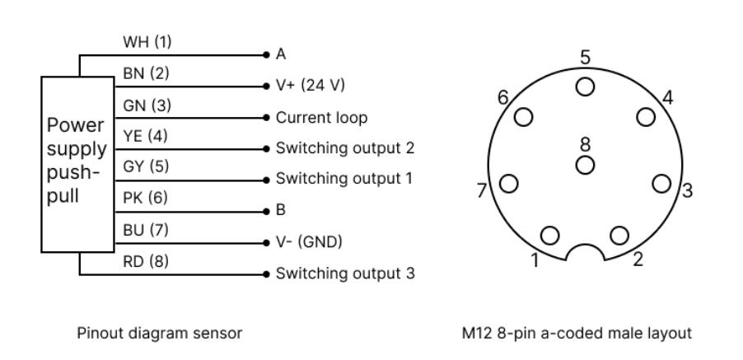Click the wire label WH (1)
(x=147, y=41)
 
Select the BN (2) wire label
(x=146, y=72)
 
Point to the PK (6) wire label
(x=146, y=198)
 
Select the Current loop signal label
(x=321, y=117)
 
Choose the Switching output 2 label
(x=344, y=148)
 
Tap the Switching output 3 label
(x=344, y=273)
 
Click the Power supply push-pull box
(x=76, y=163)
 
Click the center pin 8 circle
(x=585, y=163)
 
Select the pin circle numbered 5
(x=585, y=86)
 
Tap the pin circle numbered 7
(x=509, y=183)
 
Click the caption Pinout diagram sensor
(x=159, y=333)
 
